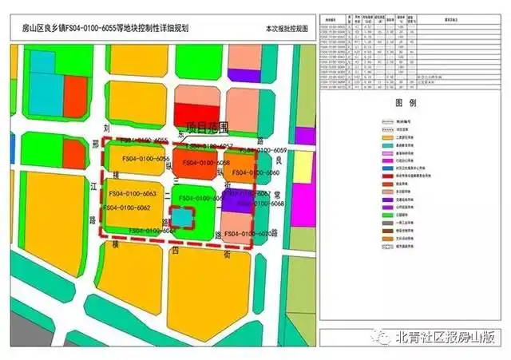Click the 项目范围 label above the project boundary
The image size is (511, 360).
click(207, 126)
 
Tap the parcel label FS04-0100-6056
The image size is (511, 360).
click(143, 160)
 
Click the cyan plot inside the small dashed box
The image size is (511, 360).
click(184, 217)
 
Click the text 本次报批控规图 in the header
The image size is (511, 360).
click(287, 30)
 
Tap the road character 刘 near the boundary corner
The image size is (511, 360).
click(106, 128)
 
